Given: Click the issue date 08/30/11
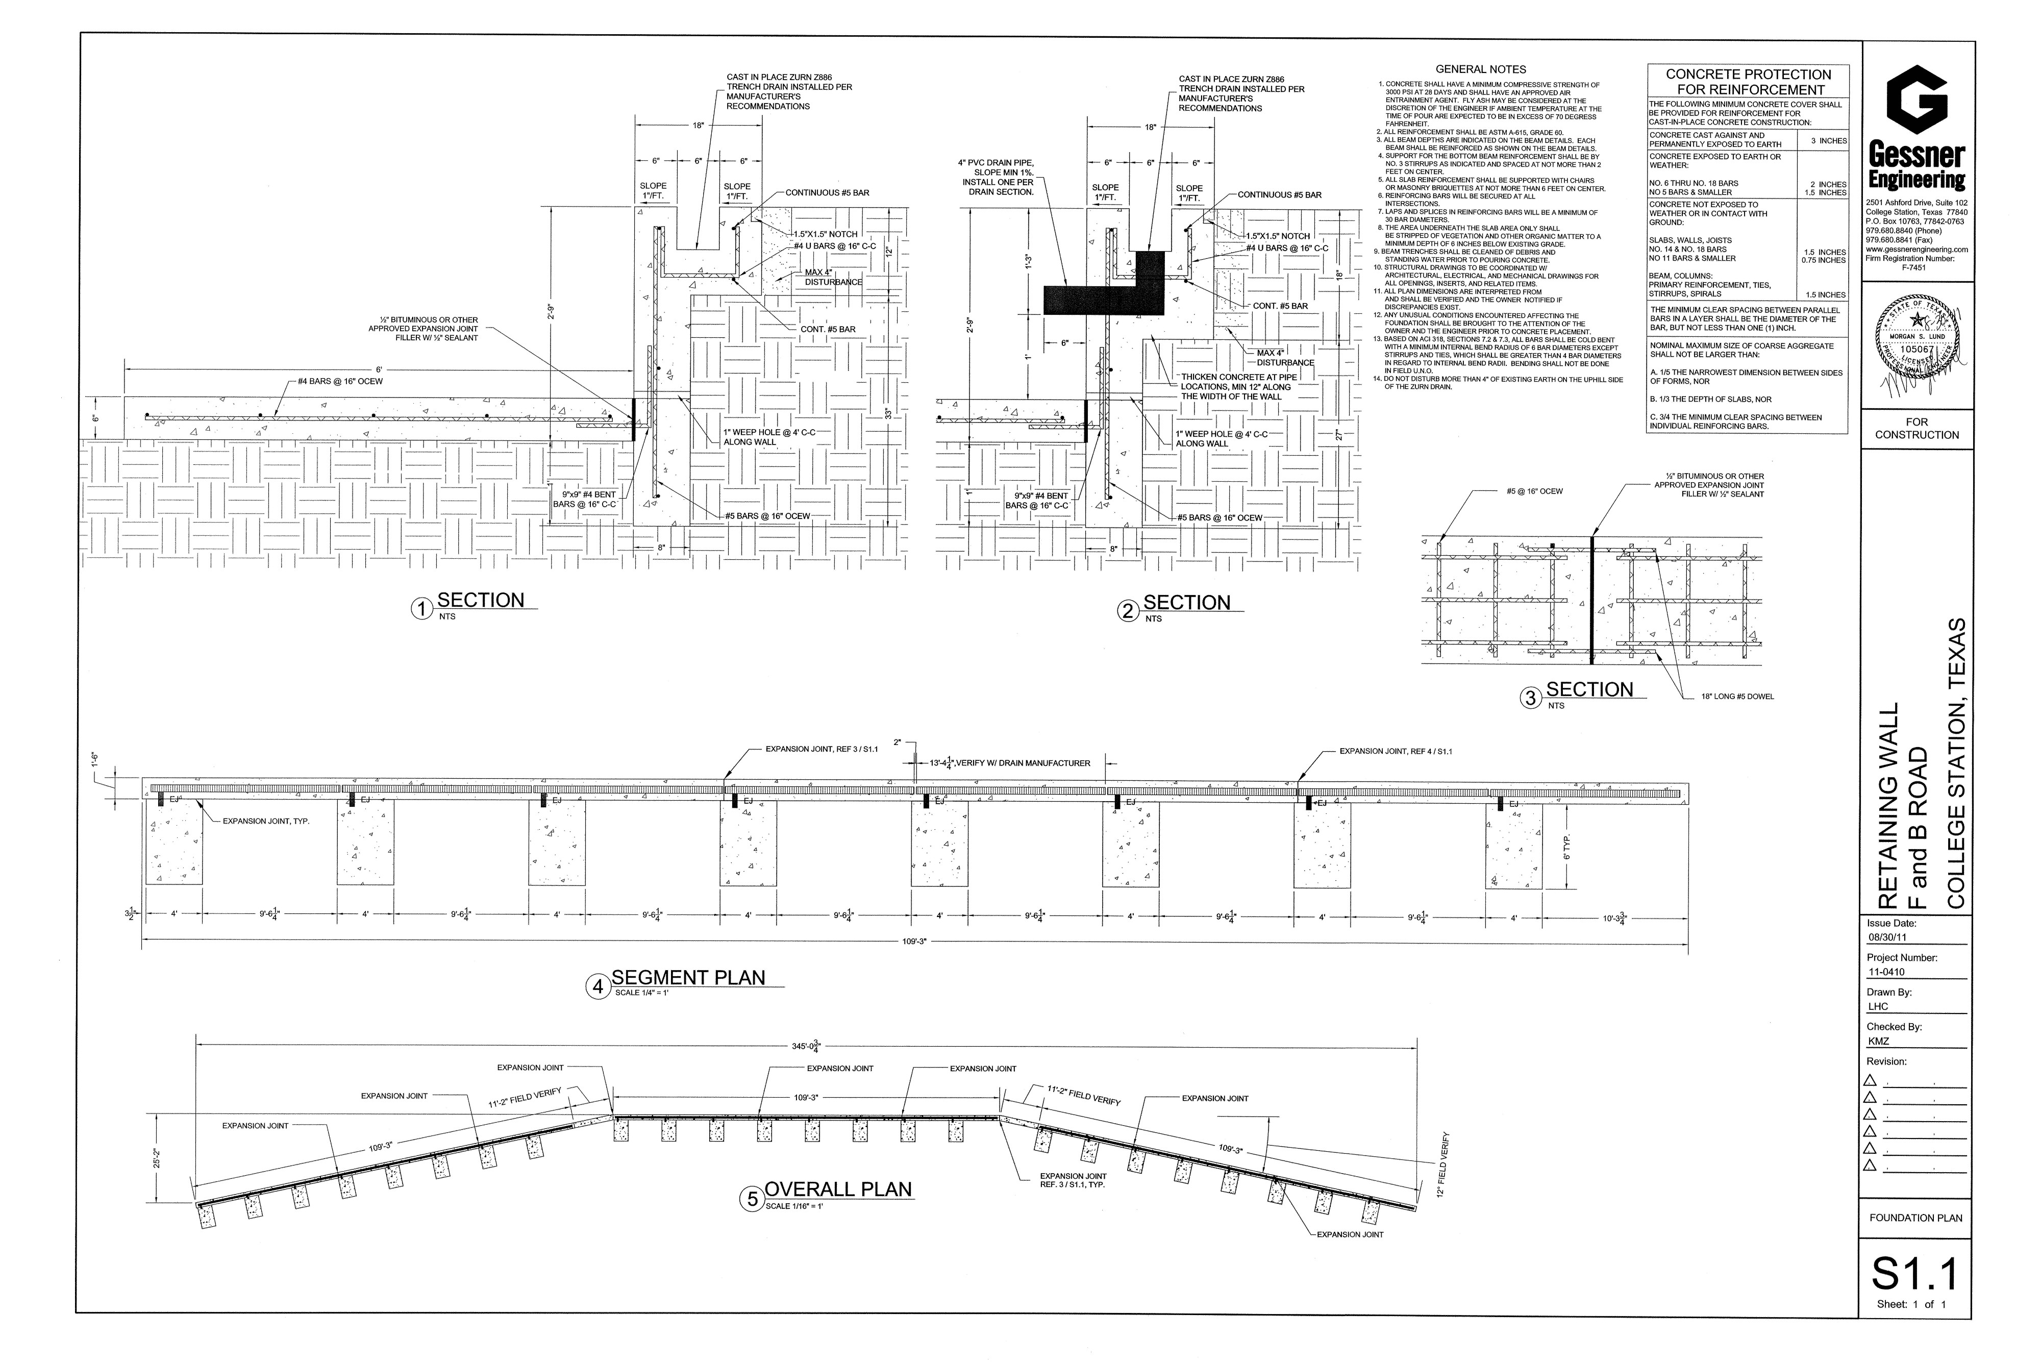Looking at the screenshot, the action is pyautogui.click(x=1886, y=938).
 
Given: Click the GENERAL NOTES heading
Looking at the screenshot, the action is pyautogui.click(x=1480, y=69).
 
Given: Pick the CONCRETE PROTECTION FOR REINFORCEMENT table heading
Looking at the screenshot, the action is pyautogui.click(x=1748, y=82).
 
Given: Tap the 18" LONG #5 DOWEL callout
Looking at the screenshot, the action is pyautogui.click(x=1737, y=697).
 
